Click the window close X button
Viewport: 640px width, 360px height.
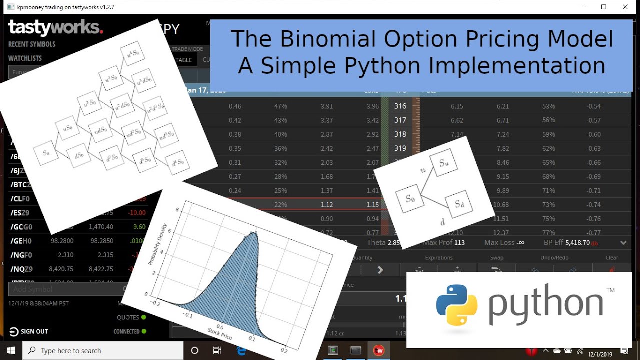pyautogui.click(x=625, y=7)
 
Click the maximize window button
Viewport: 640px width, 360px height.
pyautogui.click(x=604, y=7)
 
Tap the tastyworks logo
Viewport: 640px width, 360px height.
pyautogui.click(x=55, y=28)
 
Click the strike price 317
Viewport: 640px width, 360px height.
pyautogui.click(x=400, y=120)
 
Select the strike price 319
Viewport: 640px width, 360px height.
pyautogui.click(x=400, y=148)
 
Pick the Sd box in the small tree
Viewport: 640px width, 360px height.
pyautogui.click(x=459, y=204)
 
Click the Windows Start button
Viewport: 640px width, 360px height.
pyautogui.click(x=11, y=350)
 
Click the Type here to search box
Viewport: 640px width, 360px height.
pyautogui.click(x=100, y=350)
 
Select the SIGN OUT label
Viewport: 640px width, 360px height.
pyautogui.click(x=34, y=331)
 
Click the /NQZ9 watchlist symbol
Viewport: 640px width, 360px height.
pyautogui.click(x=21, y=269)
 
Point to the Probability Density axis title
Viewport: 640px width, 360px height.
pyautogui.click(x=158, y=244)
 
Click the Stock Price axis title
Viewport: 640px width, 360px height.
pyautogui.click(x=220, y=334)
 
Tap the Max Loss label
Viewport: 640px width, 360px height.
pyautogui.click(x=500, y=243)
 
